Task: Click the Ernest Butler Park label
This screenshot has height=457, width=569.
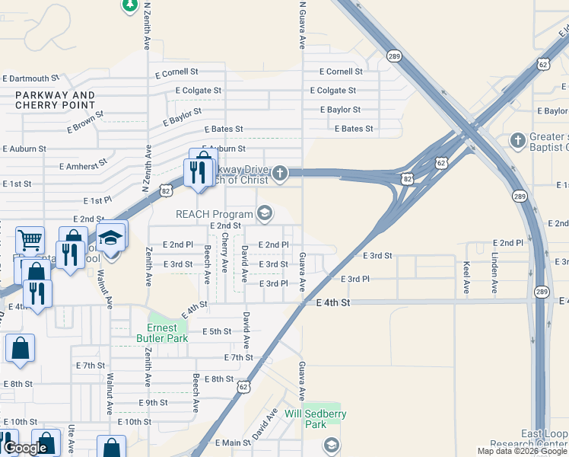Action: pyautogui.click(x=161, y=332)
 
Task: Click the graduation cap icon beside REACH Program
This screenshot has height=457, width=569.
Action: pyautogui.click(x=265, y=213)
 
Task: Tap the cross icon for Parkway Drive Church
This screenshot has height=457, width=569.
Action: pyautogui.click(x=280, y=174)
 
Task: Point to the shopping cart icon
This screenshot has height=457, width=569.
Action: pyautogui.click(x=30, y=241)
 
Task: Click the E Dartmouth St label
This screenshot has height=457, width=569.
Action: pyautogui.click(x=31, y=78)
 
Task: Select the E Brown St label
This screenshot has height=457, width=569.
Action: pyautogui.click(x=84, y=120)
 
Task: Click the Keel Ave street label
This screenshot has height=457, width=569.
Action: pyautogui.click(x=466, y=278)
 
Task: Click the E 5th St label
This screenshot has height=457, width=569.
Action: pyautogui.click(x=217, y=331)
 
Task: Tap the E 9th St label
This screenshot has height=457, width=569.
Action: pyautogui.click(x=153, y=402)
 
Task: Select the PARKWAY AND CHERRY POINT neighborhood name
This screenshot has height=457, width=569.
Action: pyautogui.click(x=55, y=100)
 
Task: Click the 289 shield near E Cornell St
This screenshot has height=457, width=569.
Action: pyautogui.click(x=394, y=56)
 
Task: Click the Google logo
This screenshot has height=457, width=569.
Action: pyautogui.click(x=25, y=448)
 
